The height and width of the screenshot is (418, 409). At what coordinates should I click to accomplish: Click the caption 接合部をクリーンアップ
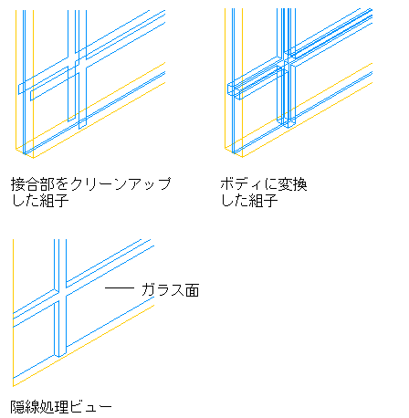[91, 184]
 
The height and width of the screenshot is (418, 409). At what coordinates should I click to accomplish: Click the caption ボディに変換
[264, 184]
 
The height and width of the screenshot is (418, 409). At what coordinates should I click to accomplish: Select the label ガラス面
[171, 289]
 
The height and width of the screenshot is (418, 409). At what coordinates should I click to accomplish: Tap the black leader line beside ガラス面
[120, 287]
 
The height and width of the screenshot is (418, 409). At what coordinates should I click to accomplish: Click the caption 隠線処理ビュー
[61, 407]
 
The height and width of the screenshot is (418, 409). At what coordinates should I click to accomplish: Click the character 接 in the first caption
[17, 184]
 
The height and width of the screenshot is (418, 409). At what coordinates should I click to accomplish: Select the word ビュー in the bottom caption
[91, 407]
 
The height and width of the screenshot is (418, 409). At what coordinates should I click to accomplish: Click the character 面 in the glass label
[193, 289]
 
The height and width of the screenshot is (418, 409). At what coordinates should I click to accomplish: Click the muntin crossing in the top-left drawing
[77, 65]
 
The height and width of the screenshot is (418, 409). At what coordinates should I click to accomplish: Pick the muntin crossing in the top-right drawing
[286, 62]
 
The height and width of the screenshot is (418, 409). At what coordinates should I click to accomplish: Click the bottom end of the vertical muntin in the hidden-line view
[60, 355]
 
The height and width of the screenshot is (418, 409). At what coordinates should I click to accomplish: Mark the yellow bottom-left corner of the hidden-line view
[13, 386]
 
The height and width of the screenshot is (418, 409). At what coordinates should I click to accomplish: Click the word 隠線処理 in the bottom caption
[40, 407]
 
